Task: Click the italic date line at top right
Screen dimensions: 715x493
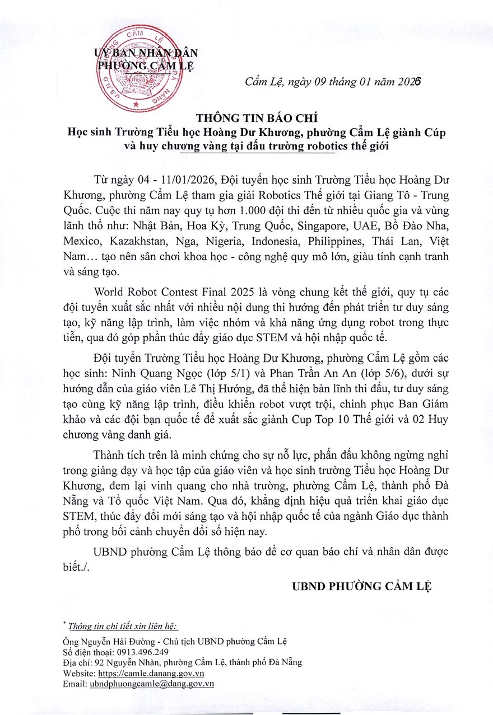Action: point(333,82)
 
